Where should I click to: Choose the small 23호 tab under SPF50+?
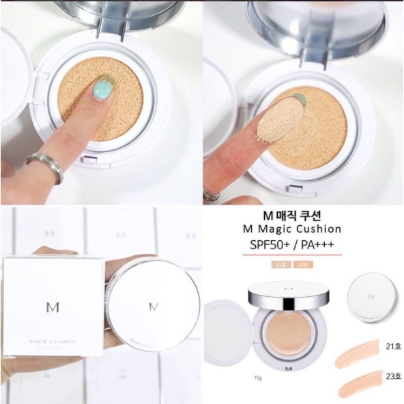pyautogui.click(x=300, y=263)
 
